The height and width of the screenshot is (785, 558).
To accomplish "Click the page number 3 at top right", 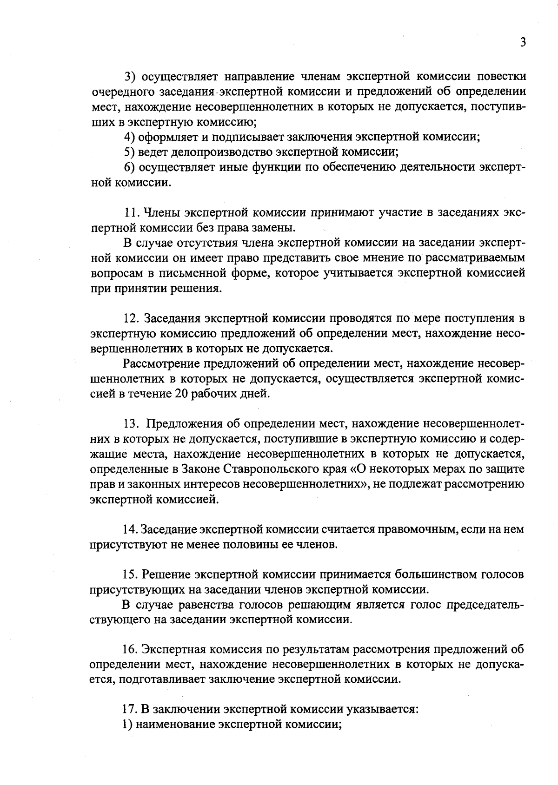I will pyautogui.click(x=523, y=43).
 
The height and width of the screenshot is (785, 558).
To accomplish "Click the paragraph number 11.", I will pyautogui.click(x=131, y=213).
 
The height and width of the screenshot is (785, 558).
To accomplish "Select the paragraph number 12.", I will pyautogui.click(x=131, y=318).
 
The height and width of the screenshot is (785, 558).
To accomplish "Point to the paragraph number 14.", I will pyautogui.click(x=130, y=529).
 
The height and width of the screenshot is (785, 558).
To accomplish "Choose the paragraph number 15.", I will pyautogui.click(x=130, y=574).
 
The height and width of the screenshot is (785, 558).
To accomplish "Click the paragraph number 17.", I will pyautogui.click(x=130, y=709).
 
